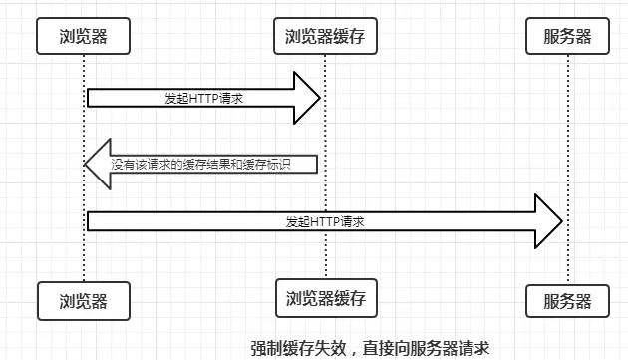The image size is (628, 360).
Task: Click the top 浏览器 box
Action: (84, 37)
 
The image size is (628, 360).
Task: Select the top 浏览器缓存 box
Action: (326, 37)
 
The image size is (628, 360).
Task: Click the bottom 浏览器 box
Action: (84, 298)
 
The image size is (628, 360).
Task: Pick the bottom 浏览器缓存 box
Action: (326, 297)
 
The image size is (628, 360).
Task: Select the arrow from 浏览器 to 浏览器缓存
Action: (199, 98)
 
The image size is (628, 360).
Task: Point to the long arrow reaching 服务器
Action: (319, 221)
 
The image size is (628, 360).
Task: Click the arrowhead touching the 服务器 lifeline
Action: (549, 221)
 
